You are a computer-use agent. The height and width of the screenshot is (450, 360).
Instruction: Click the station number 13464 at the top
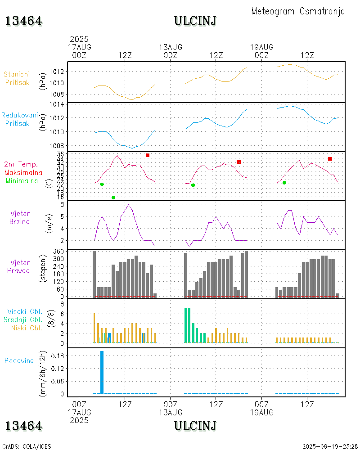point(24,21)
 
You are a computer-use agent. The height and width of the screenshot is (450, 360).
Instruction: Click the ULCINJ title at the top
point(195,21)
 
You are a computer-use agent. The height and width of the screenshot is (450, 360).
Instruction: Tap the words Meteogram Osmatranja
point(298,11)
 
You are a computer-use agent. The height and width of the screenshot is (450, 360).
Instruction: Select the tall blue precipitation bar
point(102,372)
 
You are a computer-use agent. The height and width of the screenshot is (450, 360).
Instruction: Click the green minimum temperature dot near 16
point(113,198)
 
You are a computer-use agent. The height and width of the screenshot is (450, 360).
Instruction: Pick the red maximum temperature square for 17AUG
point(148,155)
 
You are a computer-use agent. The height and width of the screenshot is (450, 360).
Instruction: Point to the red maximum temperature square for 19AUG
point(330,159)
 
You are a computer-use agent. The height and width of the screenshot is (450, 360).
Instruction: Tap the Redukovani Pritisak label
point(19,119)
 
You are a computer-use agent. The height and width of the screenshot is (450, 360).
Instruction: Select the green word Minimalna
point(22,180)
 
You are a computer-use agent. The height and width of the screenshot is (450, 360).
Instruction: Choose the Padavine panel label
point(19,360)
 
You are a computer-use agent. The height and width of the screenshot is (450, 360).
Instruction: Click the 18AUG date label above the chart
point(171,47)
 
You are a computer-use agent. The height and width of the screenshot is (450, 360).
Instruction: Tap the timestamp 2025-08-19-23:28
point(330,446)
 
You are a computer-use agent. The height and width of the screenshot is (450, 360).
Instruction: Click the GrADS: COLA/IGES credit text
point(27,446)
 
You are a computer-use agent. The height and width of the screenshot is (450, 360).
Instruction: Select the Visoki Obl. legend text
point(25,311)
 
